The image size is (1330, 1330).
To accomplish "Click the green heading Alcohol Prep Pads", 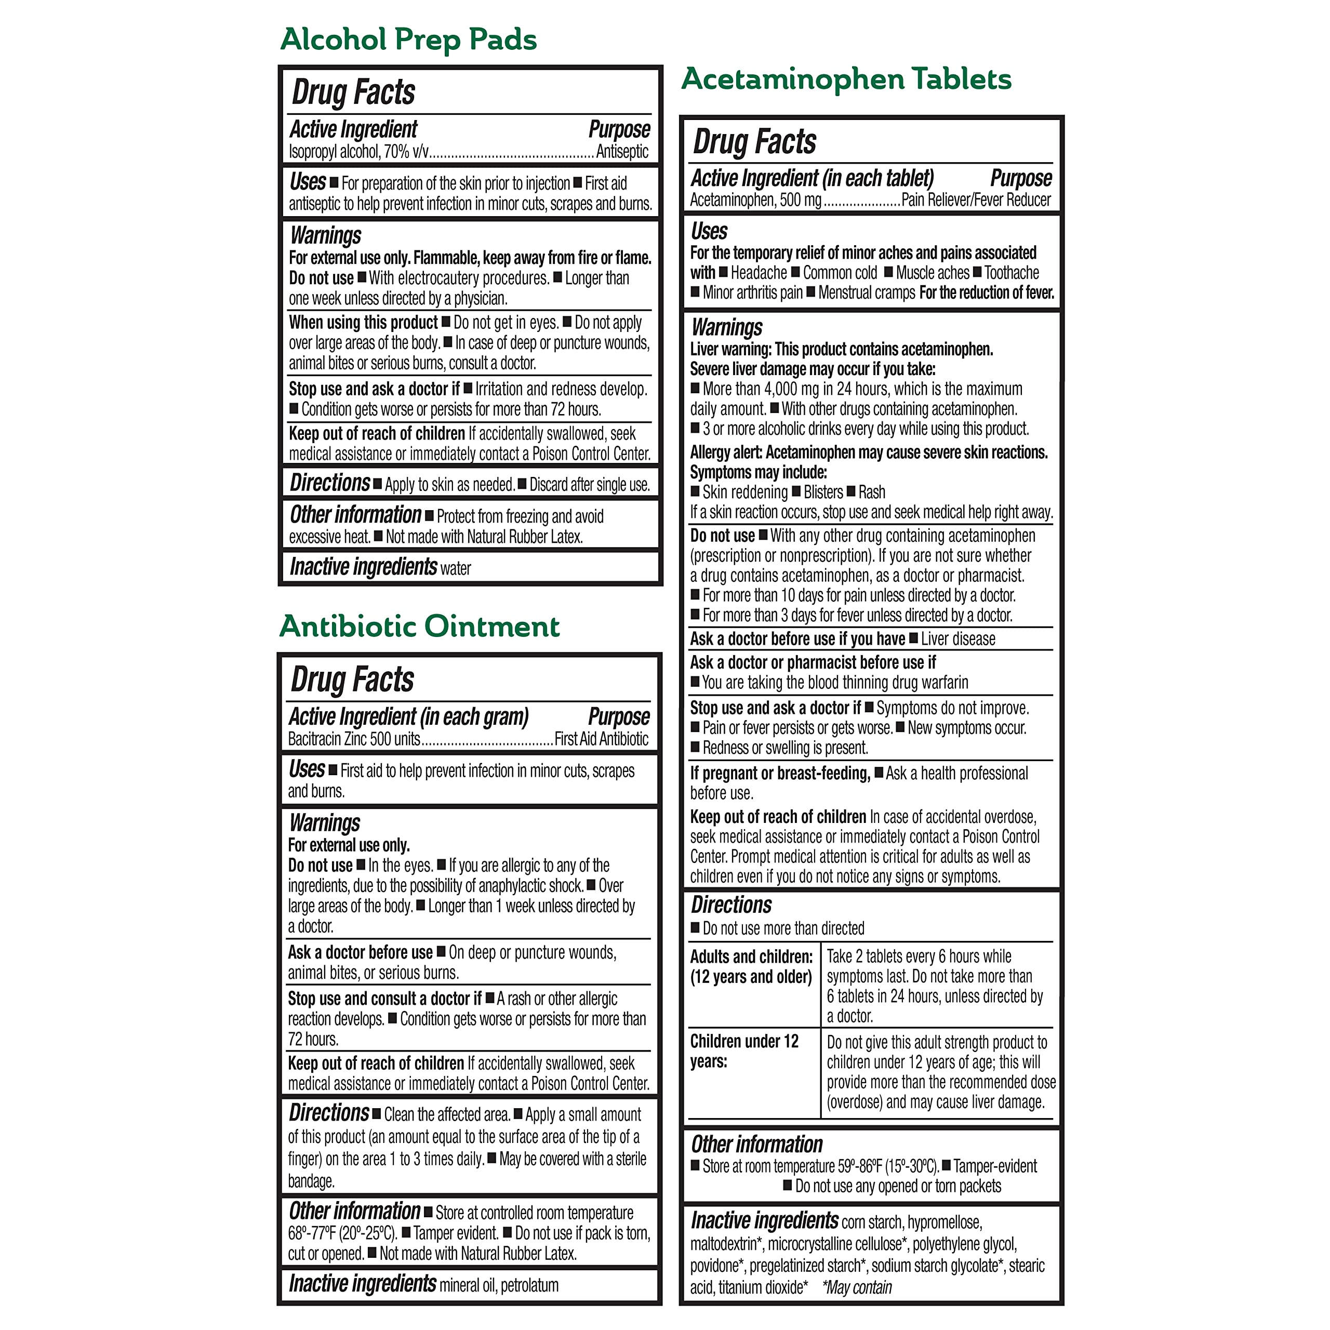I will point(408,39).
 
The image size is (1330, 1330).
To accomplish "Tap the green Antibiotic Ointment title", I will point(419,627).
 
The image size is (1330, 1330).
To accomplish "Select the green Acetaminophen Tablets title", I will point(846,79).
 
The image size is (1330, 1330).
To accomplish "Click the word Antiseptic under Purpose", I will point(622,152).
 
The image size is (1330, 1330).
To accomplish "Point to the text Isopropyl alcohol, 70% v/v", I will point(358,152).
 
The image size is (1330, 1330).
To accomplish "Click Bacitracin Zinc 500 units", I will point(354,739).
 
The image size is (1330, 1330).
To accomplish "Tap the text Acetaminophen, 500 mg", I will point(755,201).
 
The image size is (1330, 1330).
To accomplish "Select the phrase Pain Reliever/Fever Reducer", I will point(976,201).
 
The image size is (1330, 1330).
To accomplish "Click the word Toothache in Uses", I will point(1012,273).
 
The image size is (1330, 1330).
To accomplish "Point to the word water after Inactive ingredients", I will point(456,568).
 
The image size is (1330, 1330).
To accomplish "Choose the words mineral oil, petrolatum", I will point(498,1285).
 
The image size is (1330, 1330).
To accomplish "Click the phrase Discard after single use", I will point(589,485).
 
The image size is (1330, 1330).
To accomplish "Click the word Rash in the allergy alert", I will point(872,492).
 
